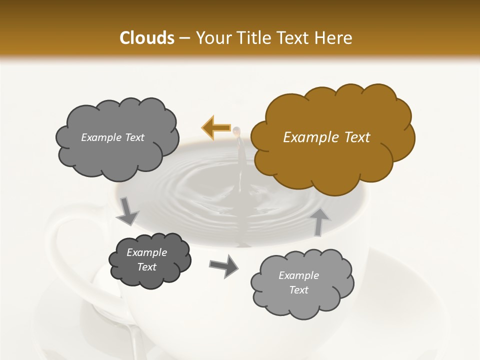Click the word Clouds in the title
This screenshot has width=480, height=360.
tap(146, 38)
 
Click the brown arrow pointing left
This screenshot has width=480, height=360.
tap(216, 128)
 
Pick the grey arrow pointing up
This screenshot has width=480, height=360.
tap(320, 221)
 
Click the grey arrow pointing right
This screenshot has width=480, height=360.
tap(223, 266)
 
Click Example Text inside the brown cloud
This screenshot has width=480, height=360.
tap(326, 137)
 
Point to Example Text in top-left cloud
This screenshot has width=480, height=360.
tap(112, 137)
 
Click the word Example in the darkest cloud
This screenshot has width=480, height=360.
tap(146, 252)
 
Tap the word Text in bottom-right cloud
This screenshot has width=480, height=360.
tap(298, 290)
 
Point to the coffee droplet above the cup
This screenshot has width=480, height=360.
tap(236, 131)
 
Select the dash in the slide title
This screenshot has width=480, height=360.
tap(184, 38)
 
